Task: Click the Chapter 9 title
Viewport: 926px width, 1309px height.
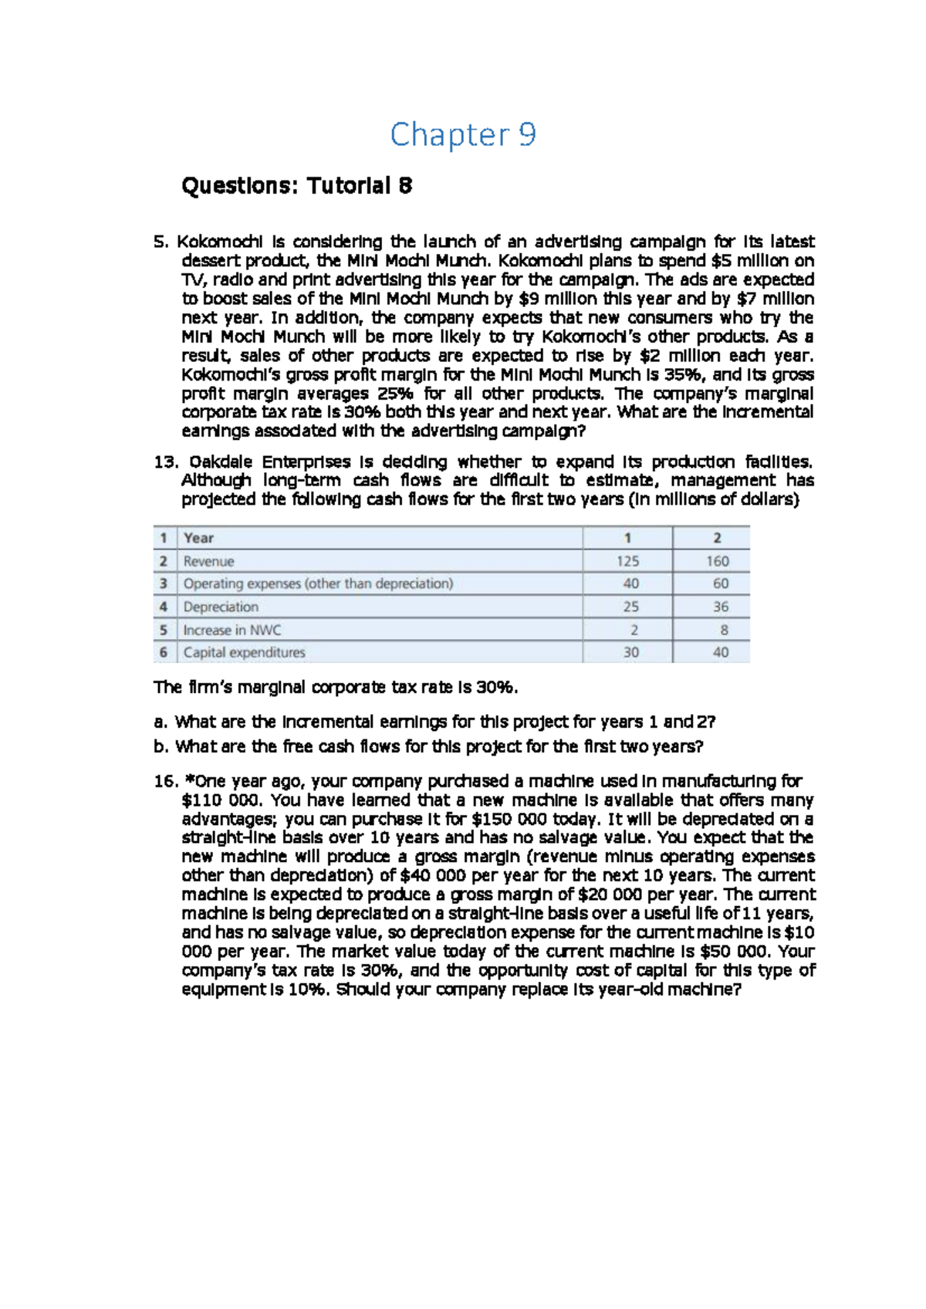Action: coord(462,135)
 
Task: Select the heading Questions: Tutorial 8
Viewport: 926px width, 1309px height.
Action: coord(296,186)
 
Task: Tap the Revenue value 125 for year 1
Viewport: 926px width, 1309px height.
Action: coord(627,561)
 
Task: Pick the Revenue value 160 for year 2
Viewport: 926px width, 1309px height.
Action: coord(717,561)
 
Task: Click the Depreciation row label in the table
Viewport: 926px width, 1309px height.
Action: coord(221,607)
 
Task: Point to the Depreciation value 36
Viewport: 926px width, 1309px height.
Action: coord(720,607)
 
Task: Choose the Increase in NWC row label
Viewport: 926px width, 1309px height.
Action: coord(232,630)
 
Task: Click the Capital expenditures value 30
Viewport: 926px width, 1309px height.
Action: coord(630,652)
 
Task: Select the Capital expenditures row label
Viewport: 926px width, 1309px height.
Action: coord(244,652)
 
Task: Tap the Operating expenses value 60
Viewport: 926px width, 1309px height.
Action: coord(720,583)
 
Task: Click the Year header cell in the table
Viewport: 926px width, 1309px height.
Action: coord(198,538)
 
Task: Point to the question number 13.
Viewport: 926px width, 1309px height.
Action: coord(166,462)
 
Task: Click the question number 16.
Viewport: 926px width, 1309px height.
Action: coord(166,781)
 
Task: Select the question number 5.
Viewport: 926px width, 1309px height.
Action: coord(161,242)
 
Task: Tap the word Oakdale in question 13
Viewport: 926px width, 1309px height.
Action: coord(221,462)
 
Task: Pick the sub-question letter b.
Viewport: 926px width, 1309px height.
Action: coord(160,746)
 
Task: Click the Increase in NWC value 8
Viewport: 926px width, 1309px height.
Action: coord(724,630)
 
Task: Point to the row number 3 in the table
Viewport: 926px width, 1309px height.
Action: coord(163,583)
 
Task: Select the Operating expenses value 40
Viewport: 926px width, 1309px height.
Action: coord(630,583)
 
